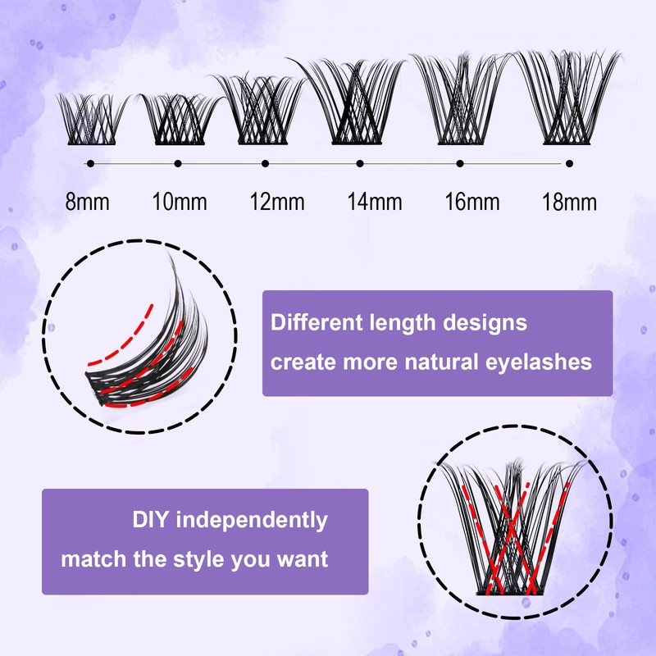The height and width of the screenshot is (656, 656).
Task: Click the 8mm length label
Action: point(87,202)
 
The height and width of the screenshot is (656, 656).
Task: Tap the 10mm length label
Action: point(179,202)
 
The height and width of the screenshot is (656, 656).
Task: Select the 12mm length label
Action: point(266,202)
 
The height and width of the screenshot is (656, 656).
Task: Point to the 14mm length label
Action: point(361,202)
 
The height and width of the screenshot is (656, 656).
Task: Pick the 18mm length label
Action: point(569,202)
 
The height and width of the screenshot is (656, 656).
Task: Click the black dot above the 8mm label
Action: point(89,164)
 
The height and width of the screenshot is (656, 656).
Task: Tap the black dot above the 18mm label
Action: point(569,164)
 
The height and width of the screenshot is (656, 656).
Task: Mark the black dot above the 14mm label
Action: point(360,164)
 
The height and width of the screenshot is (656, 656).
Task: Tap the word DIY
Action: point(152,520)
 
